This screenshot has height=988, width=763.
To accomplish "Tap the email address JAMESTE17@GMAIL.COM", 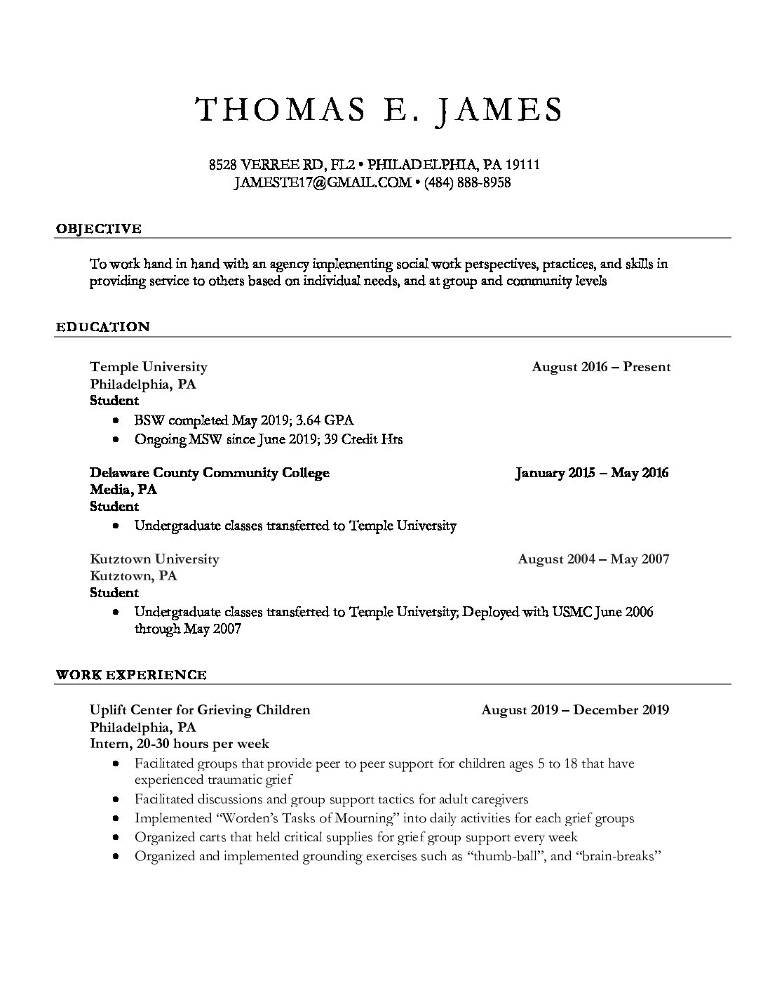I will (323, 182).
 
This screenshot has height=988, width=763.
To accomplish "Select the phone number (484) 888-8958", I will (467, 182).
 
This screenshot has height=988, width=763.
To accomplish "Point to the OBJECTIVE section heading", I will (98, 229).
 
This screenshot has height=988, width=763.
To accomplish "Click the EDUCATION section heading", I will (102, 327).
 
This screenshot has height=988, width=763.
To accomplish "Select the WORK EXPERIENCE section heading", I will (131, 675).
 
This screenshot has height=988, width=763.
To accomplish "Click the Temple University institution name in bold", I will (149, 367).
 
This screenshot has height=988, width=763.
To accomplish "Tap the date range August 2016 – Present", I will (601, 367).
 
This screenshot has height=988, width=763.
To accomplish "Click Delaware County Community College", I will (210, 473).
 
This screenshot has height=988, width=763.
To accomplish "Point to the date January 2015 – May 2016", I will (592, 473).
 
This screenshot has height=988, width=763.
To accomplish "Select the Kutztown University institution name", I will (154, 559).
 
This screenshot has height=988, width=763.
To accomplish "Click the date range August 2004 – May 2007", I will (593, 559).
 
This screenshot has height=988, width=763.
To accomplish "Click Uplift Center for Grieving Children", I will (200, 710).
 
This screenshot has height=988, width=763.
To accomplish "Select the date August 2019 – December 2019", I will (575, 710).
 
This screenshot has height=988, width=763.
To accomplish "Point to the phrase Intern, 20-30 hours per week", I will (180, 744).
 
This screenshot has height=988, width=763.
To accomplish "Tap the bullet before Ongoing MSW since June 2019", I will (115, 440).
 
